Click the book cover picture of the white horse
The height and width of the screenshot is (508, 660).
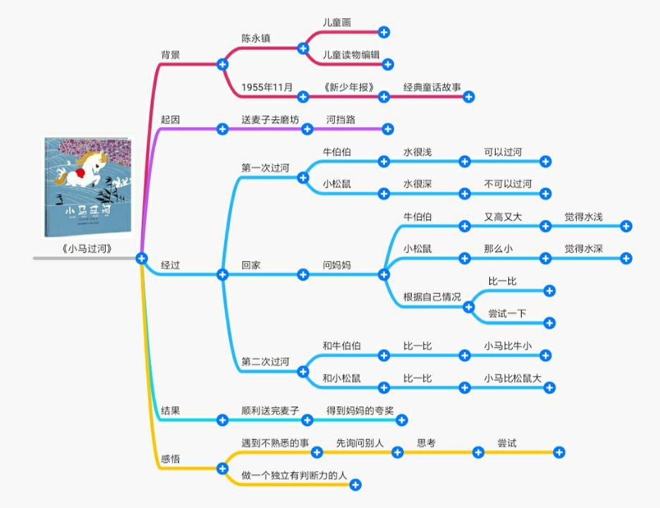coord(87,186)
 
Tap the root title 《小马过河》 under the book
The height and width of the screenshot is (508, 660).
coord(87,249)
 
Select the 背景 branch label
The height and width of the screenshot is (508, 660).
coord(171,55)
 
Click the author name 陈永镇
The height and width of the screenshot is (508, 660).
coord(256,39)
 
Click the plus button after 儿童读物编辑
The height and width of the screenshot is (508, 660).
coord(388,65)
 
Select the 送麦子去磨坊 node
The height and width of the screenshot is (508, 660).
coord(270,120)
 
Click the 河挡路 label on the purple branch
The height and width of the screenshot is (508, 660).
coord(341,120)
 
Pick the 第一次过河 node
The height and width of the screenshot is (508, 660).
coord(265,168)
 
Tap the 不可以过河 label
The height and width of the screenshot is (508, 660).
coord(508,184)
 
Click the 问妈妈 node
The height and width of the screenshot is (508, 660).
coord(337,266)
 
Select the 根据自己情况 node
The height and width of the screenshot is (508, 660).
coord(432,296)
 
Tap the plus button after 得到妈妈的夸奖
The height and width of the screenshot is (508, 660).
coord(402,421)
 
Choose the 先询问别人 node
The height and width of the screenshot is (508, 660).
coord(360,443)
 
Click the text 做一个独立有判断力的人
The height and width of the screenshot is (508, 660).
coord(295,476)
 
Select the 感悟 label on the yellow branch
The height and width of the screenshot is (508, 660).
coord(171,459)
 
